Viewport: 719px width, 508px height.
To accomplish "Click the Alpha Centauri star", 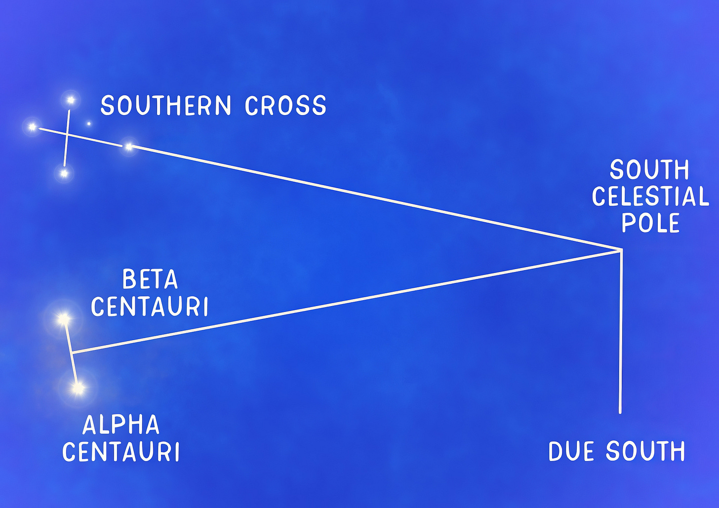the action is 78,389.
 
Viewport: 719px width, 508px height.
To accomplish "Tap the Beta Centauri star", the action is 63,319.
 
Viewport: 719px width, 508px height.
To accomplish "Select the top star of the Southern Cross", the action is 71,100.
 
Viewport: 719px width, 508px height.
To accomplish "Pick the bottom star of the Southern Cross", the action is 63,173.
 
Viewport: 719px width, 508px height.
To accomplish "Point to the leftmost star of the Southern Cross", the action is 32,127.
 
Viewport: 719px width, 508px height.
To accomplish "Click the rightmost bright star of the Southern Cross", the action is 129,147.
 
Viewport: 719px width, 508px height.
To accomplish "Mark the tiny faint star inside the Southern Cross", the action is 89,123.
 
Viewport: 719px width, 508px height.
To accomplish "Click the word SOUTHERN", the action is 166,106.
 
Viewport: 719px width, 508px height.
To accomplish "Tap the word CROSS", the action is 285,106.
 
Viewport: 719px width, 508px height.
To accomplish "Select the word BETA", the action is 150,280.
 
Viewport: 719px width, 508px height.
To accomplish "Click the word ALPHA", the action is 121,425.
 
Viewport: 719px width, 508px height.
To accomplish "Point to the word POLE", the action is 650,223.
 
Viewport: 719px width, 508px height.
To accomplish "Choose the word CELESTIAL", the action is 650,196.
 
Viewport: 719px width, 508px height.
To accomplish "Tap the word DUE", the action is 573,452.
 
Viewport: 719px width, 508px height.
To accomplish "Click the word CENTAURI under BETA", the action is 150,307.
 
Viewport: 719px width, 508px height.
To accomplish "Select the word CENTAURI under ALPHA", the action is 121,452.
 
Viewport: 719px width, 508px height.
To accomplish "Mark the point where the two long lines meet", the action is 621,250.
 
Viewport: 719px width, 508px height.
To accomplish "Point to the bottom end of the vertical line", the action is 620,412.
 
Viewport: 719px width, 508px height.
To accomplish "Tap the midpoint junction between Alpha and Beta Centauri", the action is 72,353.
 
